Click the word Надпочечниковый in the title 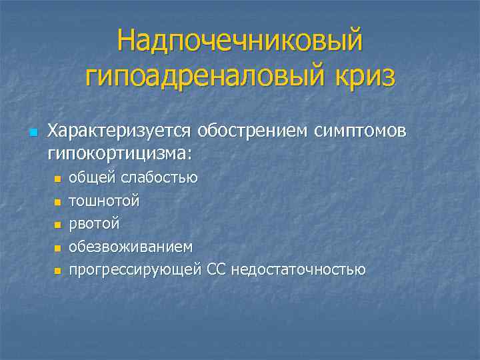(x=240, y=41)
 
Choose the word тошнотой (x=105, y=200)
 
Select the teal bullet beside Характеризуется (x=33, y=131)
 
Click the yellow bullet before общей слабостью (x=57, y=179)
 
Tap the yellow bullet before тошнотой (x=57, y=201)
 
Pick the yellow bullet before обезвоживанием (x=57, y=248)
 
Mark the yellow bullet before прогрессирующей (x=57, y=271)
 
